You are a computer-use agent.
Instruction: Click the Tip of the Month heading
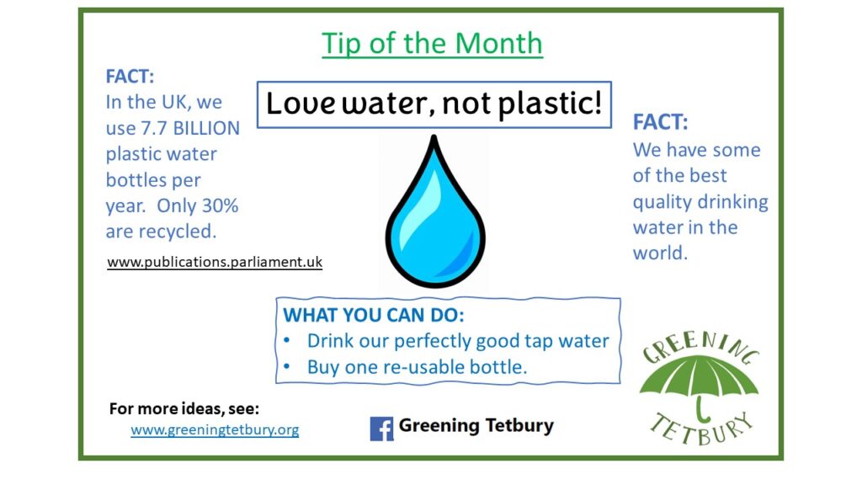coord(432,44)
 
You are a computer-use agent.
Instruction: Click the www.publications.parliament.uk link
coord(215,263)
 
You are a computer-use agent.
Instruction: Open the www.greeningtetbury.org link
coord(215,429)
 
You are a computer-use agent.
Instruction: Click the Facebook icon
coord(382,429)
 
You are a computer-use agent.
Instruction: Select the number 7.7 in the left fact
coord(154,128)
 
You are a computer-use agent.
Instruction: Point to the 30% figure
coord(220,205)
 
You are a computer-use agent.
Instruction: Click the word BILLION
coord(206,128)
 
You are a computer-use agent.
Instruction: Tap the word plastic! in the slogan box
coord(550,104)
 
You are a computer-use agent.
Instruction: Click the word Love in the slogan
coord(301,103)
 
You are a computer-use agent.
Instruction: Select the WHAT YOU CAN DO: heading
coord(374,315)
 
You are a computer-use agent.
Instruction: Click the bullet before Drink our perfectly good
coord(286,340)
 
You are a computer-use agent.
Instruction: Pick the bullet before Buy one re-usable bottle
coord(286,366)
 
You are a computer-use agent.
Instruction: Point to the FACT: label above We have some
coord(660,122)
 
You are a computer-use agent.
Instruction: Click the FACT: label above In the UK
coord(130,77)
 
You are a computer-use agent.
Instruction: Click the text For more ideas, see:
coord(184,408)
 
